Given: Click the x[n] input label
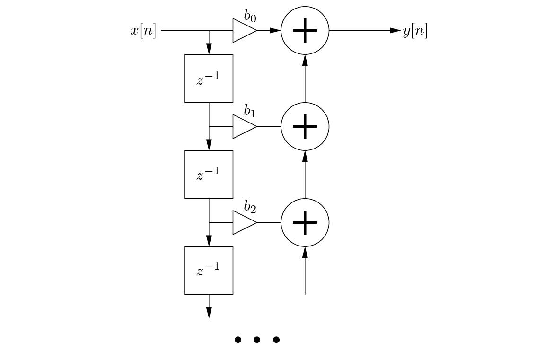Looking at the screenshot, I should point(143,31).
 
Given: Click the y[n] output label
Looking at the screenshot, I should point(415,31).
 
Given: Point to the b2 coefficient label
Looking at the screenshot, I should point(250,207).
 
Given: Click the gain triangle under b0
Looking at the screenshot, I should point(244,31).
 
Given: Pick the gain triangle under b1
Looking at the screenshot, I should point(244,126).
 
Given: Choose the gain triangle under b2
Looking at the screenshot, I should point(244,222).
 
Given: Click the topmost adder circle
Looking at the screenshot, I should point(305,31).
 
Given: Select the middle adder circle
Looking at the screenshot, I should point(305,126).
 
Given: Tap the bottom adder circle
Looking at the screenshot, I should point(305,222).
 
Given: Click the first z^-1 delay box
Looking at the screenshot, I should point(209,79).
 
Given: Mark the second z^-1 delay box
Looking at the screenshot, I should point(209,175).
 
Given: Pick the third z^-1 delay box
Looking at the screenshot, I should point(209,271).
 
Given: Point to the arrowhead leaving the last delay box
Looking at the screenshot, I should point(209,313).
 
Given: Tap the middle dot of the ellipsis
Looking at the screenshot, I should point(257,340).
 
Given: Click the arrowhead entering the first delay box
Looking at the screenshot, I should point(209,49).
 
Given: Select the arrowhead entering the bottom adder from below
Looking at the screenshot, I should point(305,252).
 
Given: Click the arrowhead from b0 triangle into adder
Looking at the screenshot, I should point(275,31).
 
